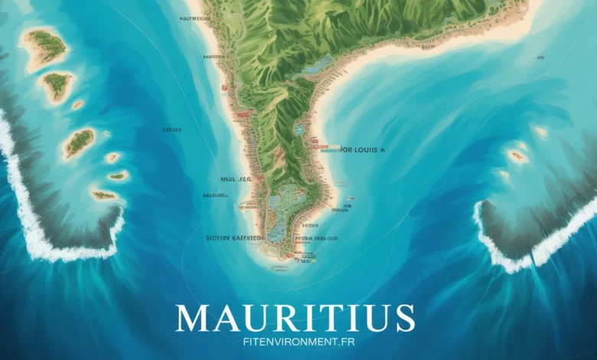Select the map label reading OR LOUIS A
tap(353, 151)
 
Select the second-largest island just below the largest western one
tap(57, 85)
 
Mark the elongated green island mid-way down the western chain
tap(80, 142)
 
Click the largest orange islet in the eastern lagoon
tap(518, 155)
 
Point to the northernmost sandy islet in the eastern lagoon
tap(541, 131)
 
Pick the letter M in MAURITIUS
tap(194, 316)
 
